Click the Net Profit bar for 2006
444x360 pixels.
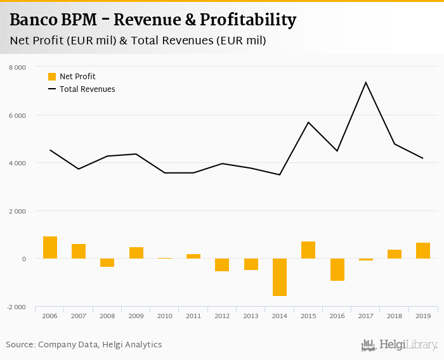coord(50,248)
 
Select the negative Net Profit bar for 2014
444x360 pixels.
coord(280,277)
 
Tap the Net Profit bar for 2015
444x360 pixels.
coord(308,250)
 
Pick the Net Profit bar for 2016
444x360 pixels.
coord(337,269)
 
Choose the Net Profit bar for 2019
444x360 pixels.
coord(423,251)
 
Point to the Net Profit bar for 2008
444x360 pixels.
coord(107,262)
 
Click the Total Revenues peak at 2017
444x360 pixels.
coord(365,82)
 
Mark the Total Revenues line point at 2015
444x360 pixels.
coord(308,122)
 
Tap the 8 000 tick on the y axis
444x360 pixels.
coord(17,67)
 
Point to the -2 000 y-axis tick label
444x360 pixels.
coord(16,307)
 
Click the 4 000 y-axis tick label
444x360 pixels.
coord(17,163)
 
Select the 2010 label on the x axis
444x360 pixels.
coord(164,316)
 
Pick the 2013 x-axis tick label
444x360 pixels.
coord(251,316)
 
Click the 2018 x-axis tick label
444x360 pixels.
coord(394,316)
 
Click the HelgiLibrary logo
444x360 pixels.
coord(399,345)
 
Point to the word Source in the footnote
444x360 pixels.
coord(20,345)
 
